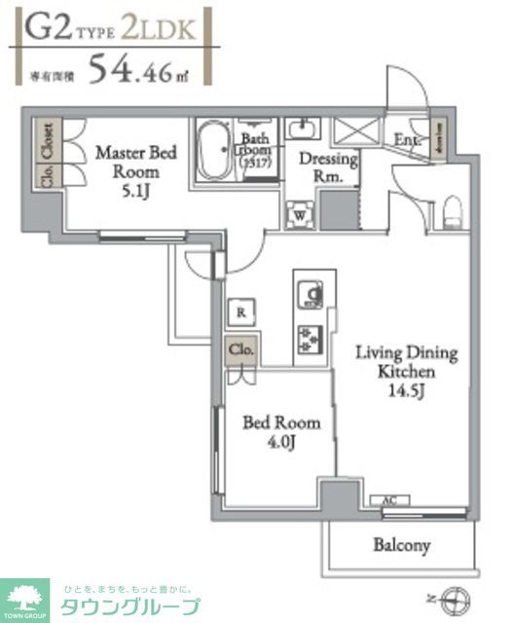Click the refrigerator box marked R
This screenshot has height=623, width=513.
click(x=240, y=311)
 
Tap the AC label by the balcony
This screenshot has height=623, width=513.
click(x=389, y=501)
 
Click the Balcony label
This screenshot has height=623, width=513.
click(x=401, y=545)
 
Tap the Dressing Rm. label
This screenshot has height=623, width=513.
click(x=327, y=166)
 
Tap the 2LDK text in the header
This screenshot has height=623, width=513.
click(x=158, y=26)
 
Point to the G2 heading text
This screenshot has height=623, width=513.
click(x=46, y=26)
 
